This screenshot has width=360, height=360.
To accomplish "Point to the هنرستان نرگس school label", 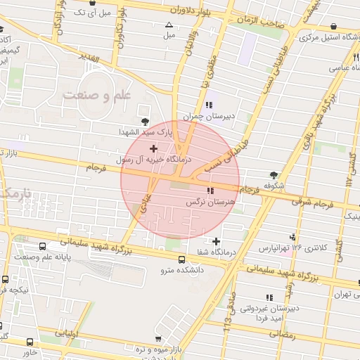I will [209, 202].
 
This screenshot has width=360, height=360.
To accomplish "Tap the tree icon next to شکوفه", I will [273, 175].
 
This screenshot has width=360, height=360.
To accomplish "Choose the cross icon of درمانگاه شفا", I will [216, 241].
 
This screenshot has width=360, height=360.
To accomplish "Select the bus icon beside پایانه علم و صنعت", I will [43, 247].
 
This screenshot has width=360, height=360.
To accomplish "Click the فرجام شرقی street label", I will [325, 204].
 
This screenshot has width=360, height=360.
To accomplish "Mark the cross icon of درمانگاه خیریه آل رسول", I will [154, 148].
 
